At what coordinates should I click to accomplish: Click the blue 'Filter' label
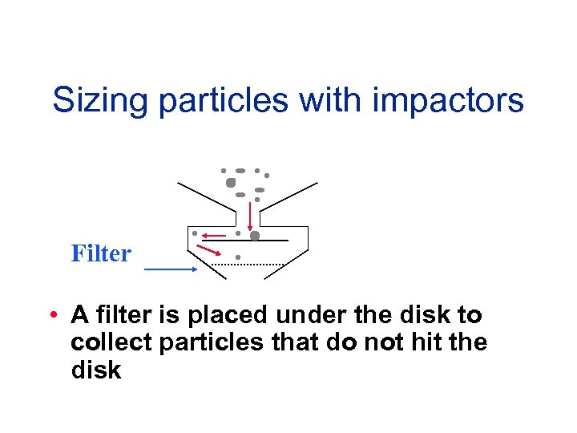[x=101, y=254]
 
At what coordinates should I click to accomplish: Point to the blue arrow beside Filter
[x=171, y=270]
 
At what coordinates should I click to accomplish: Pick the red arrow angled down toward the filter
[x=210, y=252]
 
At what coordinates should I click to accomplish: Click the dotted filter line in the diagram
[x=248, y=264]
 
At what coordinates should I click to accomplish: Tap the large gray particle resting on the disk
[x=255, y=236]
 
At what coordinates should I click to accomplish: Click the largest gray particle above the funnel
[x=231, y=182]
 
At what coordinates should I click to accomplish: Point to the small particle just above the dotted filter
[x=238, y=257]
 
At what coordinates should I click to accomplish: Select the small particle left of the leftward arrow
[x=195, y=233]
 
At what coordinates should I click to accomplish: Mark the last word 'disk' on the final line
[x=95, y=370]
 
